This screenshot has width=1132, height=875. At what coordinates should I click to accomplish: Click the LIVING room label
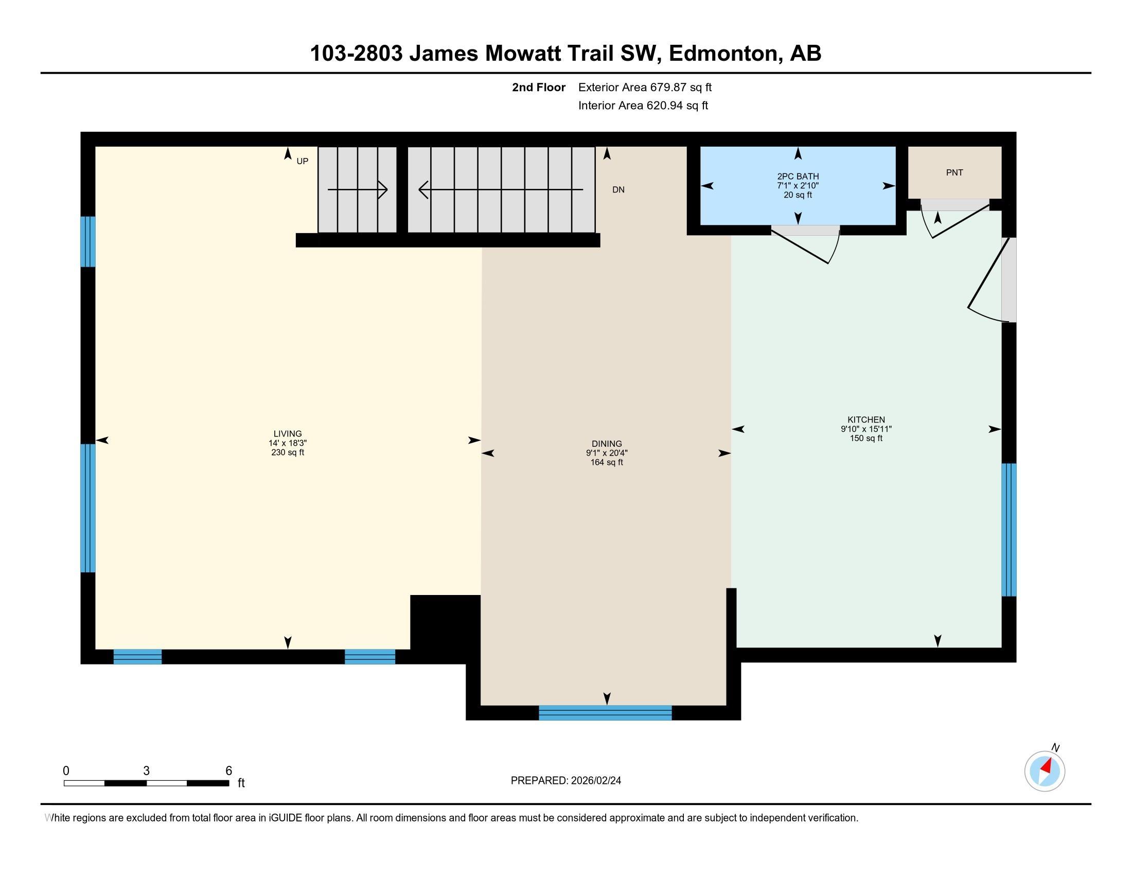(288, 433)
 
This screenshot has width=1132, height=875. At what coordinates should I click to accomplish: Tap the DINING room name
(607, 444)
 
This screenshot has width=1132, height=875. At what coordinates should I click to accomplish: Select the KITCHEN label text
(866, 420)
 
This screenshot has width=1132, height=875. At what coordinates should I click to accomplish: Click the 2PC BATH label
(798, 176)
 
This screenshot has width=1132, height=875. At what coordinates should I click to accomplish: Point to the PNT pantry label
(954, 172)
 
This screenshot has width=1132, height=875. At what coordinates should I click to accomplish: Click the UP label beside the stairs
(302, 161)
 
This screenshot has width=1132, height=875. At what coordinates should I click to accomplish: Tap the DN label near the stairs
(618, 190)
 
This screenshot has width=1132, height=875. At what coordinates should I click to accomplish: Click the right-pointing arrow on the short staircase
(382, 190)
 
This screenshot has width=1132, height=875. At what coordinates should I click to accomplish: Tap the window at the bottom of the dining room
(605, 713)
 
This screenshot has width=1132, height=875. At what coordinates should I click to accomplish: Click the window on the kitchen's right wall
(1009, 529)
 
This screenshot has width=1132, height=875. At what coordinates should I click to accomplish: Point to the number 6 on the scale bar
(228, 771)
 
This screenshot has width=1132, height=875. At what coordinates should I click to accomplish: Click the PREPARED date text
(565, 781)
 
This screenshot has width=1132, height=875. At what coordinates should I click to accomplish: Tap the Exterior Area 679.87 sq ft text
(645, 87)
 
